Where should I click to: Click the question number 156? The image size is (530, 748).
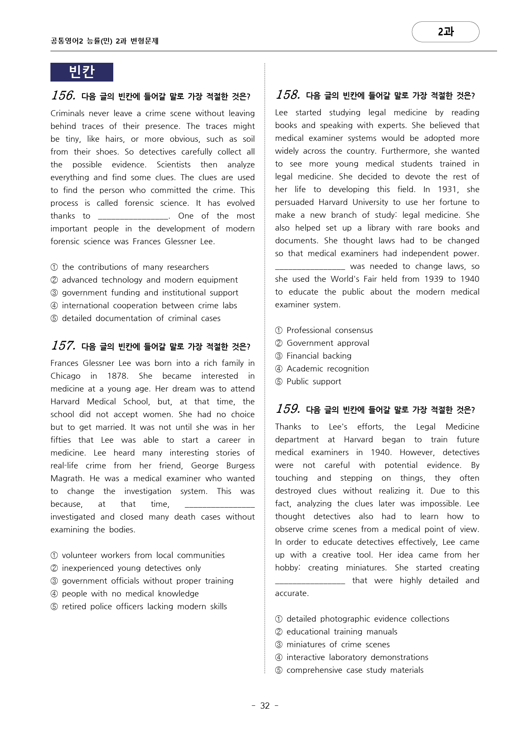(63, 95)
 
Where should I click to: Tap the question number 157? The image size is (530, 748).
(63, 345)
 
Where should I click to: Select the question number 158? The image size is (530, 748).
(288, 95)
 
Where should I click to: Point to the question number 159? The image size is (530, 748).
(288, 409)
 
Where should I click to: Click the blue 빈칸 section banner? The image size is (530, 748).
(82, 72)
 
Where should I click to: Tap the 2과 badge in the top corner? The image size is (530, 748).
(445, 32)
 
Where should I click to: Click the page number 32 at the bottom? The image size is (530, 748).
(265, 706)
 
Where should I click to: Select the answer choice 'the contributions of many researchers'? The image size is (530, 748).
(135, 267)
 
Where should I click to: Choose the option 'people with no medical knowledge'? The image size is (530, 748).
(130, 594)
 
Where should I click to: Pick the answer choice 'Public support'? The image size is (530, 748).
(314, 382)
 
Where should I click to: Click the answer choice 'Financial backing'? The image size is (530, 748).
(319, 356)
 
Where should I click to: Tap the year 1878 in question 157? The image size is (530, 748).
(118, 376)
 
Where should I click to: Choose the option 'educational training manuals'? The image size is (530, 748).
(342, 632)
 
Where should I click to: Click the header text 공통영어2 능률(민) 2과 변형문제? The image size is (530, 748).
(104, 41)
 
